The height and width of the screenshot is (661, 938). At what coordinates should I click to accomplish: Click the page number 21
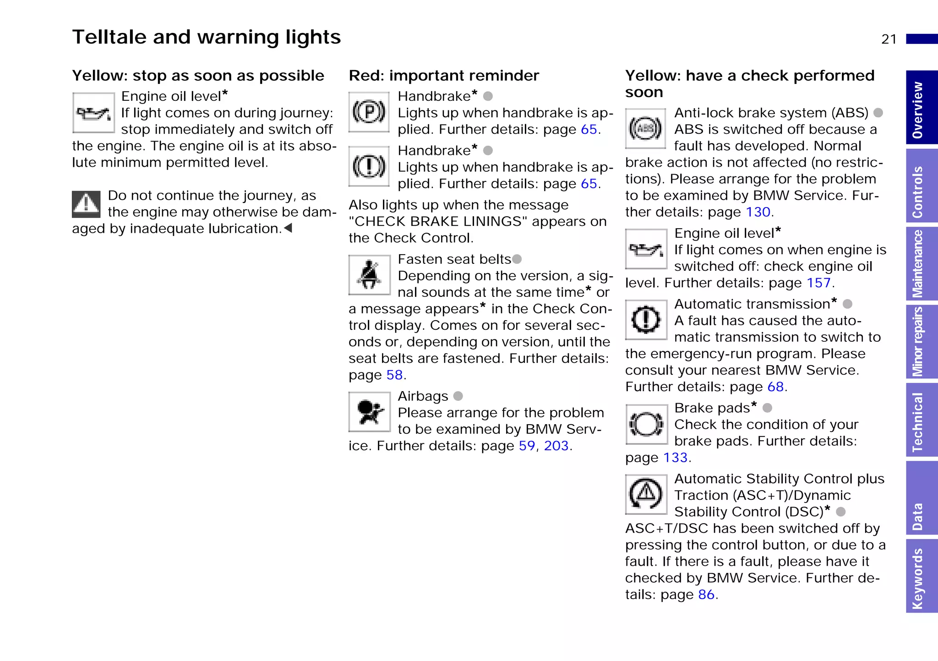[x=889, y=39]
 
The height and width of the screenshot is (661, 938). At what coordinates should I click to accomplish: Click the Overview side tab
[x=921, y=108]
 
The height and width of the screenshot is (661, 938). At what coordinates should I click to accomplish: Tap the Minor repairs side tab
[x=921, y=342]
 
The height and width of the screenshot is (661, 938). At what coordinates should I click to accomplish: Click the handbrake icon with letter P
[x=369, y=112]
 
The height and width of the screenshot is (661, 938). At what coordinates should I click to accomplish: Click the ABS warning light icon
[x=645, y=129]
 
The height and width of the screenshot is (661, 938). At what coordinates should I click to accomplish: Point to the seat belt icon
[x=369, y=275]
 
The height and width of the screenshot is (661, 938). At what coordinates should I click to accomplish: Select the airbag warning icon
[x=369, y=412]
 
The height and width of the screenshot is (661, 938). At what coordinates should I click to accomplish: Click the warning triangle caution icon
[x=86, y=204]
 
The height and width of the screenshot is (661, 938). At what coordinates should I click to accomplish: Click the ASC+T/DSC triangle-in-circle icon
[x=646, y=495]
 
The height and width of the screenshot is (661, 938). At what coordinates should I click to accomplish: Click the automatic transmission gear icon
[x=646, y=319]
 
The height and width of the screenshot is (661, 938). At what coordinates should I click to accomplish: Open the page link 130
[x=758, y=212]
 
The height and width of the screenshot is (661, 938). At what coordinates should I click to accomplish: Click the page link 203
[x=556, y=446]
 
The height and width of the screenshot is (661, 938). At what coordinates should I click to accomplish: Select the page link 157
[x=818, y=283]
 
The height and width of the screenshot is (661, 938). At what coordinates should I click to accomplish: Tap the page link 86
[x=706, y=595]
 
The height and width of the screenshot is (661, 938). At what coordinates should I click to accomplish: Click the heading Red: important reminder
[x=444, y=76]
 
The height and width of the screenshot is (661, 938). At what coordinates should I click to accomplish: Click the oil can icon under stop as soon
[x=93, y=113]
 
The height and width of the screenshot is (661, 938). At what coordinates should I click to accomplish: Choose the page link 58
[x=394, y=375]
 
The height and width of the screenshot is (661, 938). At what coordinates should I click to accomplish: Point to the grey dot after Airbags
[x=458, y=396]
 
